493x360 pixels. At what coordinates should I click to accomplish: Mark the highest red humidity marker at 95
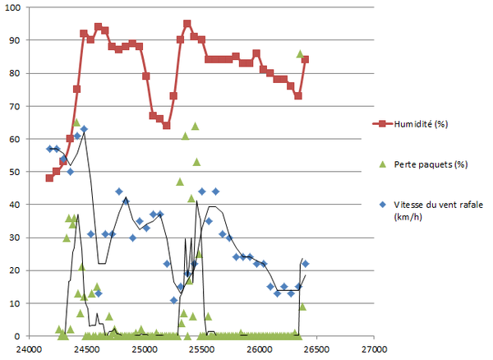point(187,24)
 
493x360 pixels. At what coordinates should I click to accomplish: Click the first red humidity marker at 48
point(49,178)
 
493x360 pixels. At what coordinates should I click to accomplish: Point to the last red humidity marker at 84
point(306,59)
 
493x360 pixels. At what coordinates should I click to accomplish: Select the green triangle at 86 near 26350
point(300,53)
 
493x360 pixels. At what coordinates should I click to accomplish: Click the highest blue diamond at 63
point(84,129)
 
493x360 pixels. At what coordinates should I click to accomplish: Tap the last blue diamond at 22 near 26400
point(306,264)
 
